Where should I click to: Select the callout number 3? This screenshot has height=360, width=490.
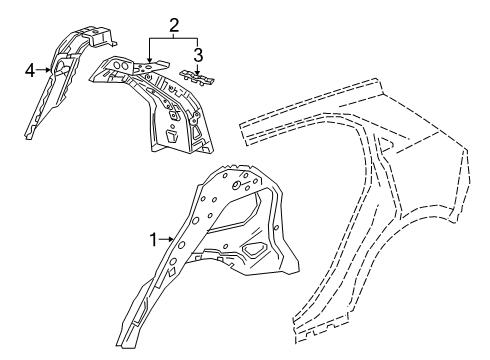tap(198, 53)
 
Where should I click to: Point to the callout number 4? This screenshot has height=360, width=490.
tap(30, 69)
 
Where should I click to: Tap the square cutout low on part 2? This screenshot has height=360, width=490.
tap(172, 131)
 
